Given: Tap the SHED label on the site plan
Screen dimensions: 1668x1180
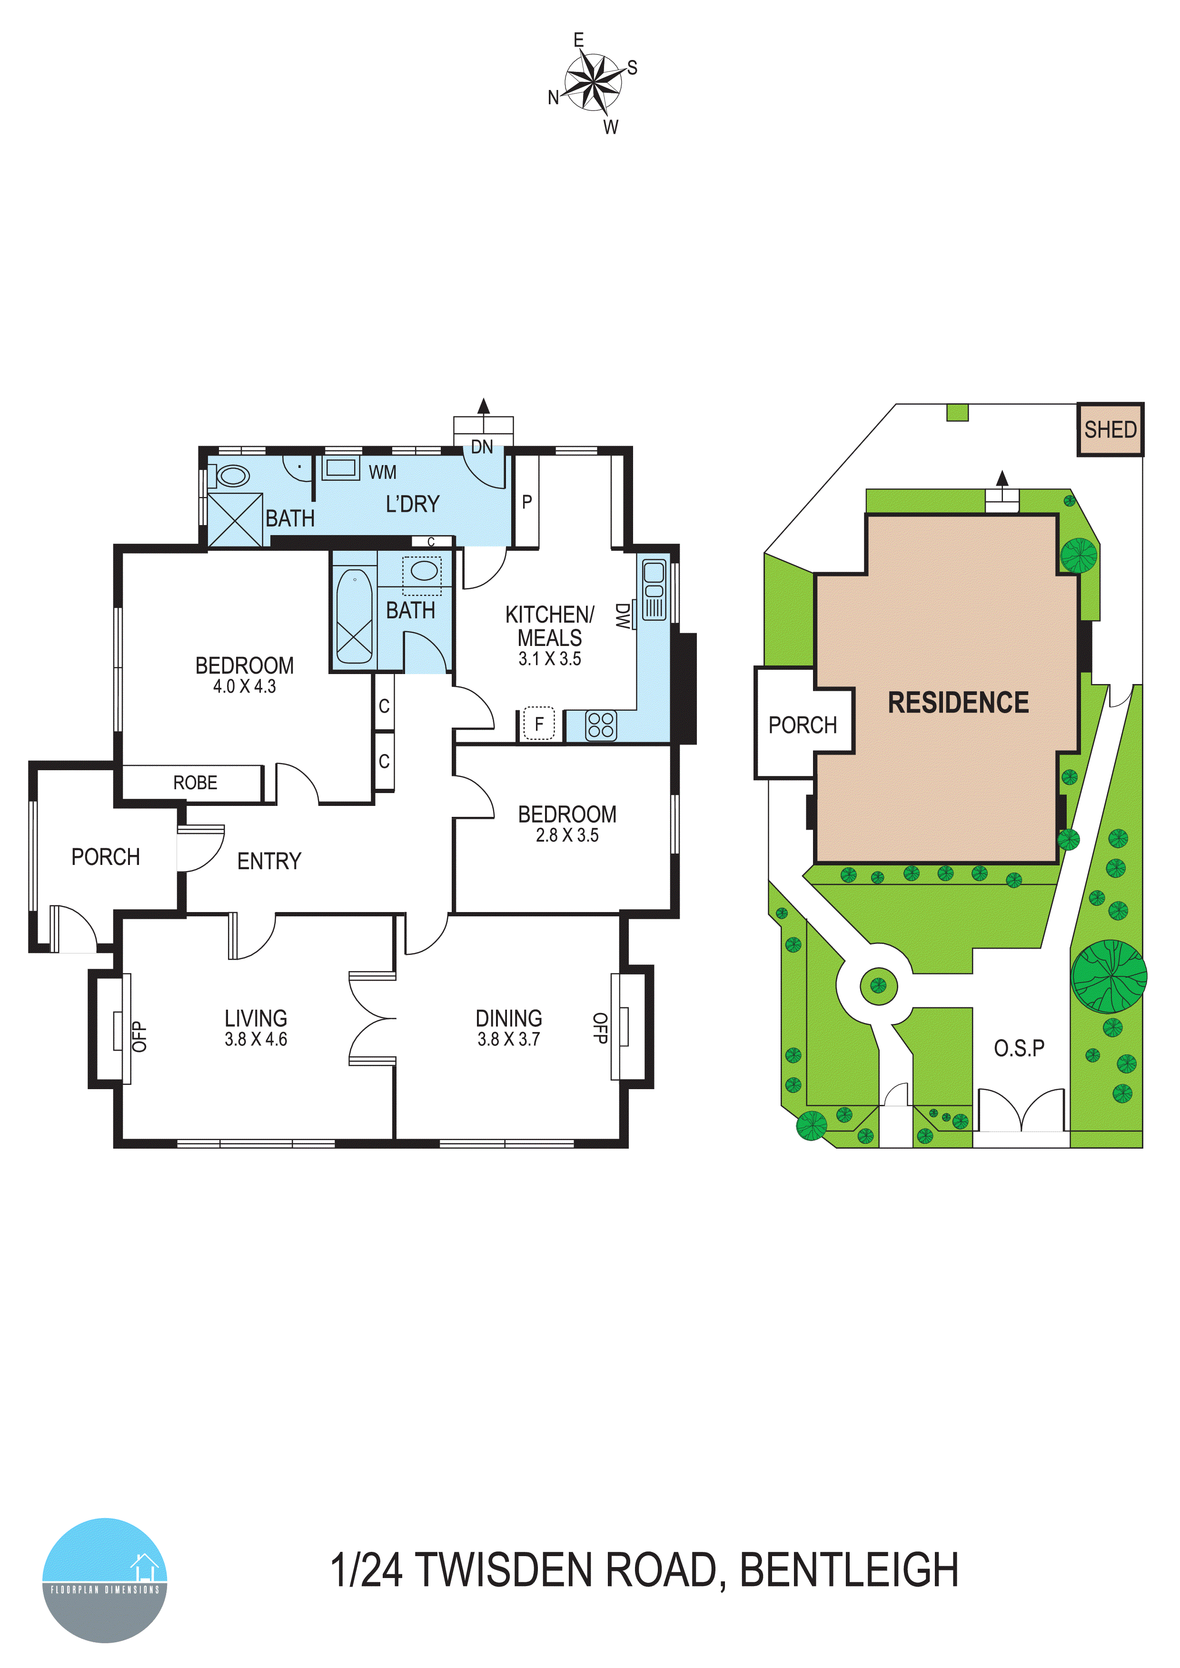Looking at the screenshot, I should tap(1110, 429).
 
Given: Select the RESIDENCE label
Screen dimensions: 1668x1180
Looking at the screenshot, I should tap(958, 703).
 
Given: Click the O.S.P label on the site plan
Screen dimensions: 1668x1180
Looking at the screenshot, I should tap(1019, 1048).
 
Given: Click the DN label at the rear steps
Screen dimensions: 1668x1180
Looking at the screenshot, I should tap(482, 447).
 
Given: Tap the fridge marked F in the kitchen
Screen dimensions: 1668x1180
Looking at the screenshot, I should tap(538, 724).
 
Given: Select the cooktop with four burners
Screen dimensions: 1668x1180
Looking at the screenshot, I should tap(601, 725).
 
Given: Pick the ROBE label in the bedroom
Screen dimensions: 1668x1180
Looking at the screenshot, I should tap(195, 783).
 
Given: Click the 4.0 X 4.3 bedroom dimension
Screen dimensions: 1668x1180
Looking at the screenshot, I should tap(244, 686).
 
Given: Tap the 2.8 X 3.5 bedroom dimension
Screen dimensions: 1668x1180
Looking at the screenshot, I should tap(567, 835).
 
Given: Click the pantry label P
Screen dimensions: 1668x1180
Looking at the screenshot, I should tap(527, 501).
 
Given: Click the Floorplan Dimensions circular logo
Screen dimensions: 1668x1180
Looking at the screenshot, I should tap(105, 1579).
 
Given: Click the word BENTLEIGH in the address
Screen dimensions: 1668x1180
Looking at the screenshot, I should tap(849, 1570).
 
